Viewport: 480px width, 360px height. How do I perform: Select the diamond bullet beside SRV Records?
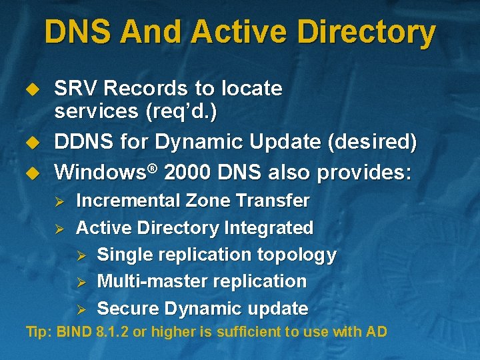(x=29, y=89)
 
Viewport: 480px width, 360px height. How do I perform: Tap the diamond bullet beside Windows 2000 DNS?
(x=29, y=172)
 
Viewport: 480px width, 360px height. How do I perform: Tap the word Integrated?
(x=269, y=228)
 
